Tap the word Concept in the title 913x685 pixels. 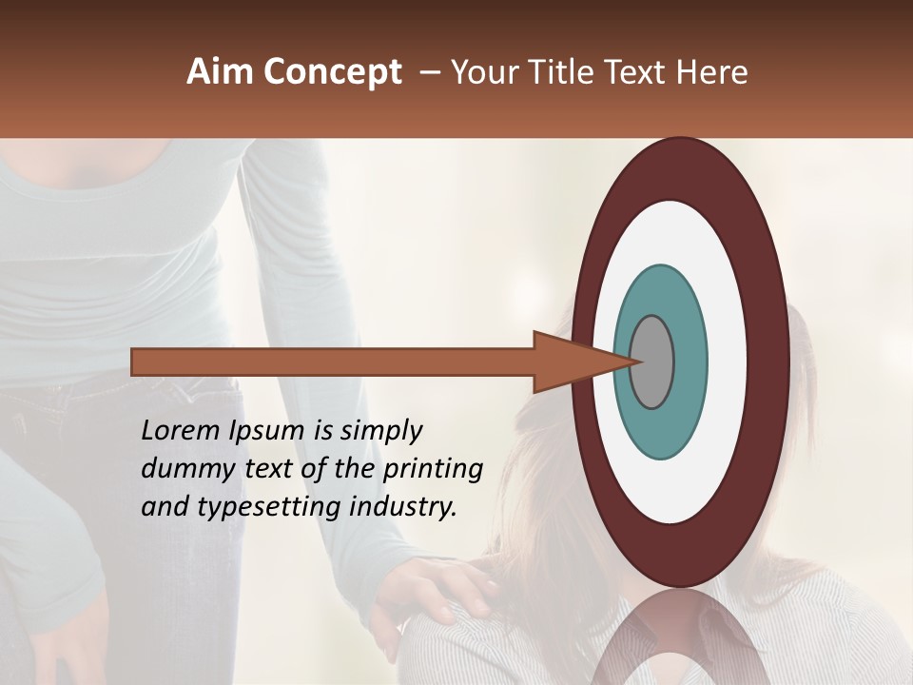(x=333, y=72)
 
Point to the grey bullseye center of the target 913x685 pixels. (x=651, y=362)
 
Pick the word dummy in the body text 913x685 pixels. (x=184, y=469)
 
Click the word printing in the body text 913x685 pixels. (x=433, y=469)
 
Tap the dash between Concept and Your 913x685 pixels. (x=429, y=72)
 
